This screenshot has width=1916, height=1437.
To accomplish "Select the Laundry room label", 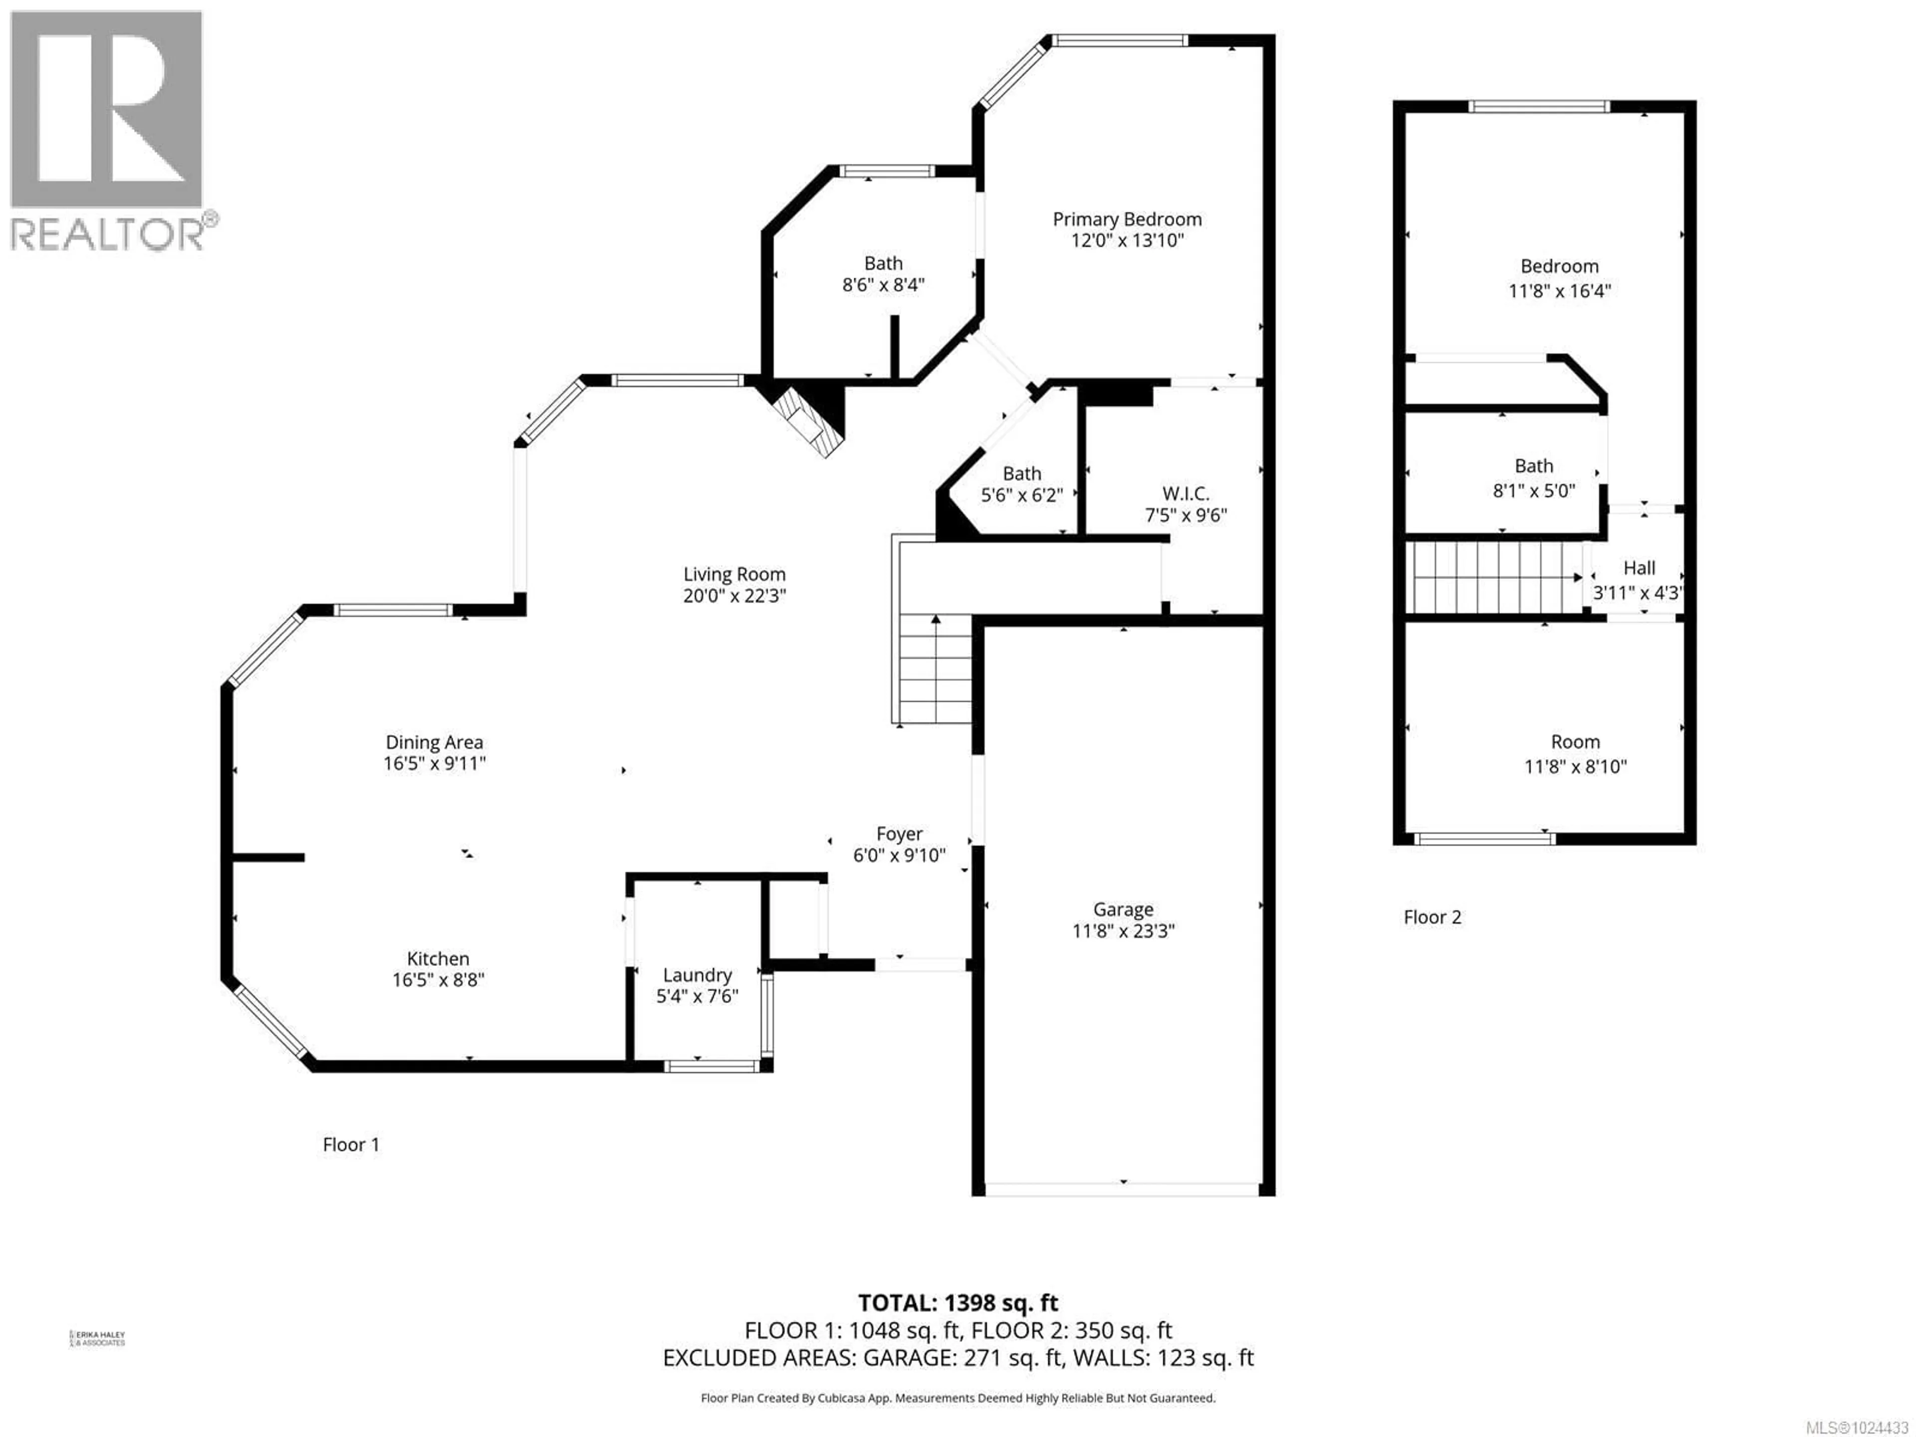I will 697,975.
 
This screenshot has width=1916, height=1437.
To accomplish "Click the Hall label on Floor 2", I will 1639,568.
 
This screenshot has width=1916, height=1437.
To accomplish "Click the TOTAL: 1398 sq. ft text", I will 957,1303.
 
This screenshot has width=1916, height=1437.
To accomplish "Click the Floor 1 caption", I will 351,1144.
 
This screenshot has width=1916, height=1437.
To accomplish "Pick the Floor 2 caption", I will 1432,917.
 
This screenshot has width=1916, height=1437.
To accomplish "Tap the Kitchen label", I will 438,959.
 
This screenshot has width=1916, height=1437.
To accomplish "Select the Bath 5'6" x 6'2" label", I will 1021,474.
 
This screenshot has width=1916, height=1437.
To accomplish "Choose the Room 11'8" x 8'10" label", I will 1575,742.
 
